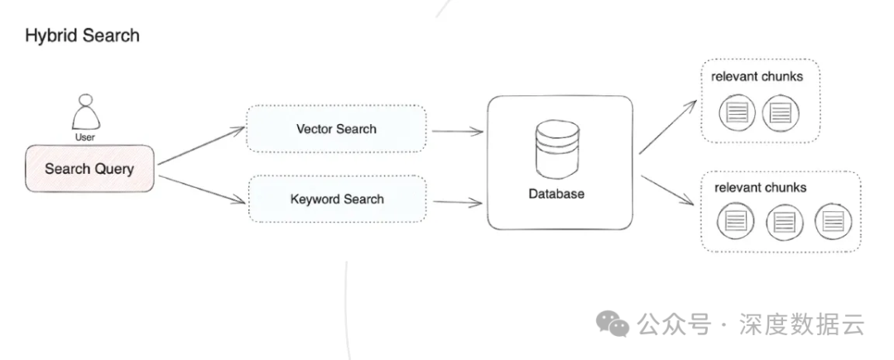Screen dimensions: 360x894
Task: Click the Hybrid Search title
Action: (x=82, y=36)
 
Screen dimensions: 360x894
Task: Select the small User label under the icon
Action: (x=84, y=137)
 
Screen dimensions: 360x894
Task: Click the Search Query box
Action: (x=89, y=169)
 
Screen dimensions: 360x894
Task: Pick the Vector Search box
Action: (x=336, y=129)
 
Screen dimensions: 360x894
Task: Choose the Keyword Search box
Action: (x=337, y=199)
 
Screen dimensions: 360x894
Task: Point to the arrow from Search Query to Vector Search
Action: (x=202, y=146)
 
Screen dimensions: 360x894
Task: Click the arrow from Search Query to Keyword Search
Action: (x=202, y=187)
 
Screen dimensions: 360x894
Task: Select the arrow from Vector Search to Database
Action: (x=457, y=131)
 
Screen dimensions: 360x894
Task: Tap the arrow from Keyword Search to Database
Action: (x=457, y=201)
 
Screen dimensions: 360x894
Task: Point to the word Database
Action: (x=556, y=194)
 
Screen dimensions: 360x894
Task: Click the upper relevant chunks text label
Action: (x=757, y=77)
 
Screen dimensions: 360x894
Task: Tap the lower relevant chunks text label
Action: (x=760, y=188)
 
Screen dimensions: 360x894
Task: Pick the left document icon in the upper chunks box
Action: (x=736, y=112)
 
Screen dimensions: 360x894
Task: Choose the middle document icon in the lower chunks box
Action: (x=784, y=222)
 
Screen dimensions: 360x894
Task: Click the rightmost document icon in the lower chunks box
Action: (x=833, y=221)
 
